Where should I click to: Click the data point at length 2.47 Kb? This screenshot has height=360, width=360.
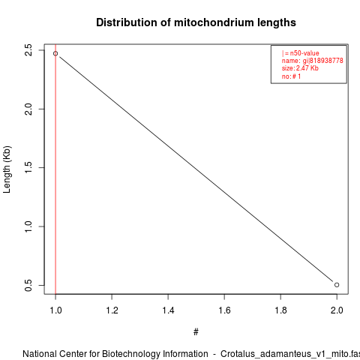(55, 53)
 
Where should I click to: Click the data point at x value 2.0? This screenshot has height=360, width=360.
(337, 285)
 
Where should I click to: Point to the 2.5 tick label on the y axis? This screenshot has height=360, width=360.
(28, 50)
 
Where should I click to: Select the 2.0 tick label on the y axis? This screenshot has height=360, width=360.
(28, 109)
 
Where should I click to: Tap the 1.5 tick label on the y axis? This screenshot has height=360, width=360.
(28, 167)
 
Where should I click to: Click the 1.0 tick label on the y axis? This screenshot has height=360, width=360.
(28, 226)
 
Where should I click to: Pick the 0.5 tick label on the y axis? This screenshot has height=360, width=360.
(28, 285)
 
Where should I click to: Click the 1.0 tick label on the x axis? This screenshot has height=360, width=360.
(55, 310)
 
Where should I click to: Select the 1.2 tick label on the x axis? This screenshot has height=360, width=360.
(112, 310)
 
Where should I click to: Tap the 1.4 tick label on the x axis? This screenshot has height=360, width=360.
(168, 310)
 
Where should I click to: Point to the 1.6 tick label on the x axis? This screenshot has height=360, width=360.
(224, 310)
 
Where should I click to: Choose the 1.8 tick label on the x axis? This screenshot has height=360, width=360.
(280, 310)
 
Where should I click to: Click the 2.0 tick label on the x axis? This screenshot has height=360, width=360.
(337, 310)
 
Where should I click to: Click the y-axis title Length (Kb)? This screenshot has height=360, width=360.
(7, 169)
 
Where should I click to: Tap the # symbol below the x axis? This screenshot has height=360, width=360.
(196, 332)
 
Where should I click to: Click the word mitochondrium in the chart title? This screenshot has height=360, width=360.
(210, 22)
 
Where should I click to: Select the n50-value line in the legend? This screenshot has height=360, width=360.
(301, 53)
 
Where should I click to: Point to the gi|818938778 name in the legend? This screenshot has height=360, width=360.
(322, 61)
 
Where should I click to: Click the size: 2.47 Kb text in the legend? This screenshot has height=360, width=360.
(300, 68)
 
